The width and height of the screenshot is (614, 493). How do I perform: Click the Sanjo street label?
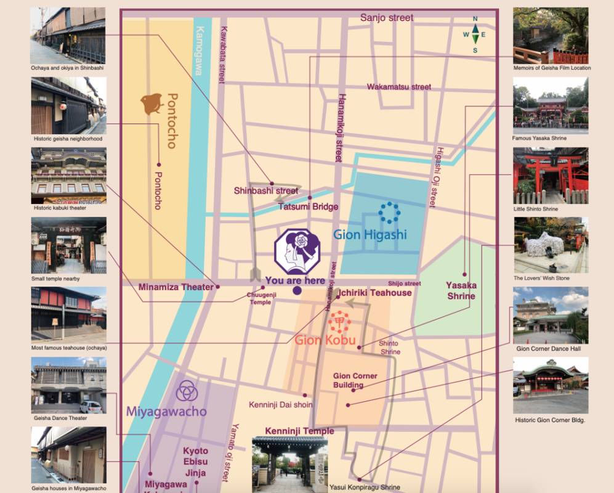387,18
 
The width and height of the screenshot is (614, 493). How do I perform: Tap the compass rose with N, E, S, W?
475,35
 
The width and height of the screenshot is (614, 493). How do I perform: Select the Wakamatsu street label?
399,87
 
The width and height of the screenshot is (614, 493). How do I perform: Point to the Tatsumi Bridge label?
309,206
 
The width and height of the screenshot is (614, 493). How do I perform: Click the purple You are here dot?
297,291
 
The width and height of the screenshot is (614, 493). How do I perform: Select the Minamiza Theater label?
176,287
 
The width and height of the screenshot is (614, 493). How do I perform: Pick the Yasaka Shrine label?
461,291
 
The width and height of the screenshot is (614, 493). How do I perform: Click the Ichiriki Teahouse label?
373,293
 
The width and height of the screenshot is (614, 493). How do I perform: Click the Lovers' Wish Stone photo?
550,245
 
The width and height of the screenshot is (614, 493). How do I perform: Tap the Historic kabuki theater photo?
68,175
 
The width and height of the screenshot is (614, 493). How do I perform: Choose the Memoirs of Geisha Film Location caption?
552,68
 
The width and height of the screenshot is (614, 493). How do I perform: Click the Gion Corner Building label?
355,380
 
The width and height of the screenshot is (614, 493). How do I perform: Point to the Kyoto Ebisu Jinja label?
195,462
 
